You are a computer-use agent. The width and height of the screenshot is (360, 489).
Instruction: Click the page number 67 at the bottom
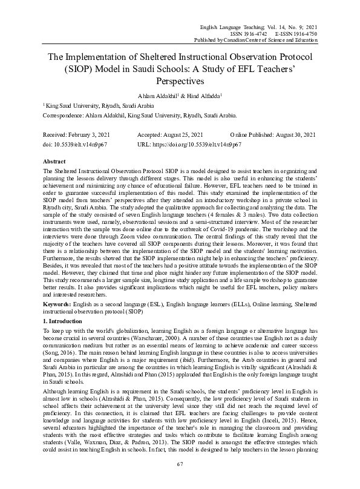click(x=180, y=464)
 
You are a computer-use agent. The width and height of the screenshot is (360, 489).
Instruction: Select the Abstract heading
click(x=55, y=163)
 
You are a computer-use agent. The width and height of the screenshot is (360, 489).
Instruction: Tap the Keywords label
click(x=58, y=305)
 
